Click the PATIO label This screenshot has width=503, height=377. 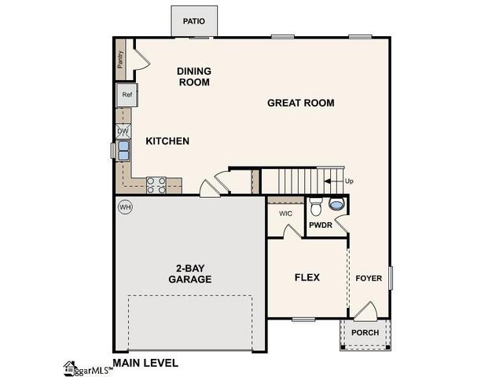194,21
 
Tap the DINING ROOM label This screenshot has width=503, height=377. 194,76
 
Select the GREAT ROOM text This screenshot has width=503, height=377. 301,103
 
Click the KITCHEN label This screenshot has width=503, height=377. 167,141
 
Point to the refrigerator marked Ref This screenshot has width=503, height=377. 127,95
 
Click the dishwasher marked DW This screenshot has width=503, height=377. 123,131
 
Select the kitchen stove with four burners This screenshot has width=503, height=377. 156,185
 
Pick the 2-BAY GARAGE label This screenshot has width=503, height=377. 189,273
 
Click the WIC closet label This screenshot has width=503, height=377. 286,212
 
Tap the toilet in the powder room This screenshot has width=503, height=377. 316,207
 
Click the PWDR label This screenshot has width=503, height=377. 320,225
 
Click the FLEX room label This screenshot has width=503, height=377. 307,277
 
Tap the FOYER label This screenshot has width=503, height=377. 369,278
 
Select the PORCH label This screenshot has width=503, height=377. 365,333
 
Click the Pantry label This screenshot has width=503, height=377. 120,60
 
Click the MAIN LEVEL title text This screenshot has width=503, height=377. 145,363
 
